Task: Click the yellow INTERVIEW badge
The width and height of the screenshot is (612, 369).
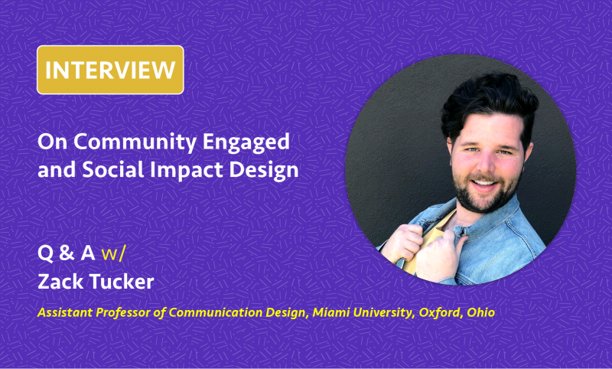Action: click(x=110, y=70)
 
